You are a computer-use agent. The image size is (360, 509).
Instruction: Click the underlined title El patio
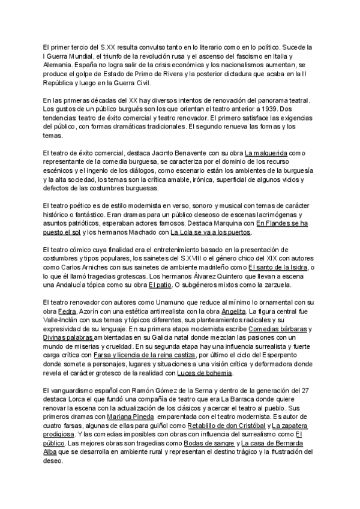click(160, 285)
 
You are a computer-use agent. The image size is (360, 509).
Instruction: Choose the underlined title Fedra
click(67, 312)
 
